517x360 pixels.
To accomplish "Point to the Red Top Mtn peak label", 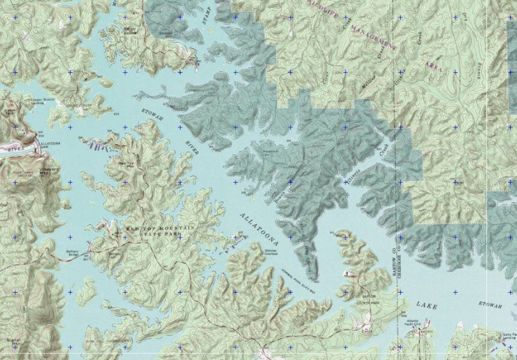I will (126, 164).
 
